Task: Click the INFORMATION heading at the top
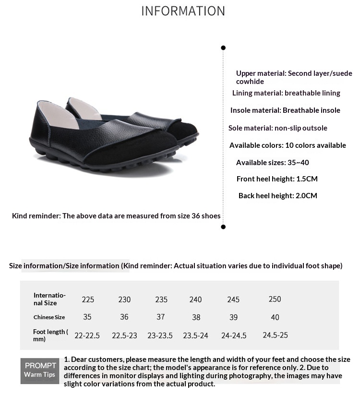click(x=183, y=11)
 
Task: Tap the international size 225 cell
click(x=88, y=299)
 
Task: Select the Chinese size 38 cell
click(x=195, y=317)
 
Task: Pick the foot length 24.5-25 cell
click(x=275, y=335)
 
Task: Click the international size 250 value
click(x=275, y=299)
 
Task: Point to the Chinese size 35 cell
click(x=87, y=317)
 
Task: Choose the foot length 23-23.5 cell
click(x=160, y=335)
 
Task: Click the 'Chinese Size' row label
click(x=49, y=317)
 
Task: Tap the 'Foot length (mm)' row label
click(x=50, y=335)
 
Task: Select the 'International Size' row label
click(x=49, y=299)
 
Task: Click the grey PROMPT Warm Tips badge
click(x=40, y=370)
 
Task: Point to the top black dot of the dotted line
click(x=223, y=48)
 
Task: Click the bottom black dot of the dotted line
click(x=223, y=227)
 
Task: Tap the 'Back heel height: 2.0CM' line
click(x=277, y=196)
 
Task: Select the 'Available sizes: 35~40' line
click(x=272, y=162)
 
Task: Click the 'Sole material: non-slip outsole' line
click(x=277, y=128)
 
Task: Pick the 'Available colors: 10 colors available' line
click(x=288, y=145)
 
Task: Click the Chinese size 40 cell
click(x=275, y=317)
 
